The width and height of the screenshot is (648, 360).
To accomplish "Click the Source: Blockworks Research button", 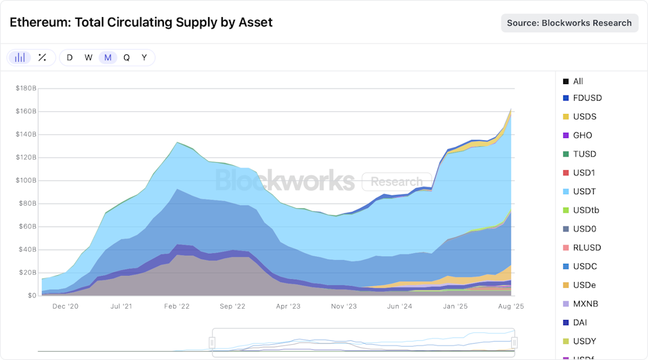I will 570,23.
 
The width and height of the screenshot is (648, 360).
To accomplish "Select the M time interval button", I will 108,58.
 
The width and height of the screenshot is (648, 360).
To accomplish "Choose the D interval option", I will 70,58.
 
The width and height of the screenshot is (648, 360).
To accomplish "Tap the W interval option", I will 89,58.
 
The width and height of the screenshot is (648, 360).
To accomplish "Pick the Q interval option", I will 127,58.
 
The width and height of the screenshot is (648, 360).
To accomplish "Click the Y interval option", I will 144,58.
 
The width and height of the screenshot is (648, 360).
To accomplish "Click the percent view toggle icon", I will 42,58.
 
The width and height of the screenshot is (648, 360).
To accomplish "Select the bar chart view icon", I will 20,58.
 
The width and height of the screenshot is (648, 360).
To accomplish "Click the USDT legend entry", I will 584,191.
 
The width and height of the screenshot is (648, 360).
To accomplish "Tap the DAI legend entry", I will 580,322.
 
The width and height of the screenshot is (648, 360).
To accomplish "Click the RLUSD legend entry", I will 587,247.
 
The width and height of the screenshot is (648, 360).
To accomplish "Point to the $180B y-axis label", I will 26,88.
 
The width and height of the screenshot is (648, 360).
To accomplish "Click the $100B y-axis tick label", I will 26,180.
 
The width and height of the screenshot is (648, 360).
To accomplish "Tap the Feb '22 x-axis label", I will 177,306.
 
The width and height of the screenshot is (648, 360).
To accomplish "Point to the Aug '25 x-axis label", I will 510,306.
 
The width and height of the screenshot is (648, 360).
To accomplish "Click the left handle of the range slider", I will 212,342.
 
